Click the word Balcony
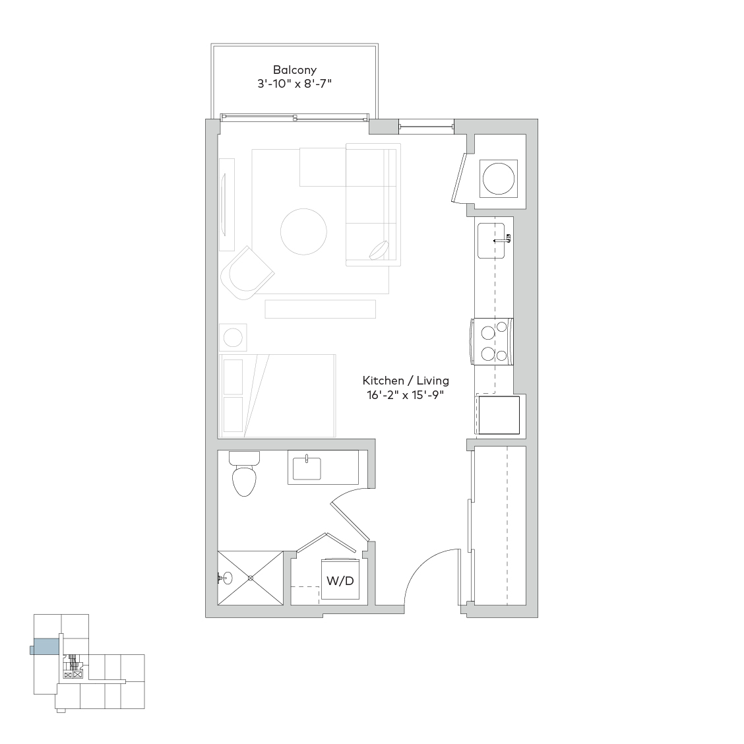click(x=295, y=70)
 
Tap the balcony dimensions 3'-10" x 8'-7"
click(x=294, y=84)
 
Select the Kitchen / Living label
click(x=406, y=381)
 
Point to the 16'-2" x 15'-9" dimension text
click(x=406, y=395)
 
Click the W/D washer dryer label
click(x=340, y=580)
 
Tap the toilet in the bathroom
click(x=244, y=474)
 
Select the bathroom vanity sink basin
click(x=307, y=468)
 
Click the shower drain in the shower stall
click(x=251, y=578)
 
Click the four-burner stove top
click(x=493, y=342)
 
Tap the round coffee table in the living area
click(x=303, y=232)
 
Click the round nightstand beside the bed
click(x=233, y=338)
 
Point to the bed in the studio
click(x=278, y=396)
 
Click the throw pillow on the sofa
click(x=380, y=251)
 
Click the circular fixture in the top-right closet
click(x=499, y=179)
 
